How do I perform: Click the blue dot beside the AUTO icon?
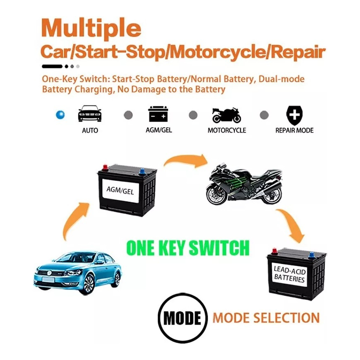point(61,115)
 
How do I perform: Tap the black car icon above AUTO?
point(90,113)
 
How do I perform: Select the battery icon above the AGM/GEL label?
point(158,114)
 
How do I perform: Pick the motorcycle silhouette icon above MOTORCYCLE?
point(227,115)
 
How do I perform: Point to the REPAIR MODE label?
point(295,131)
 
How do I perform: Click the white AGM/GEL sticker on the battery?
point(121,191)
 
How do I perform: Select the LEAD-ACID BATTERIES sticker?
point(289,274)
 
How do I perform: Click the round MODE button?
point(182,318)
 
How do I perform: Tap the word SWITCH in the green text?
point(219,248)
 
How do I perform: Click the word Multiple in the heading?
point(91,29)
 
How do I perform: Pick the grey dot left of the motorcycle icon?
point(193,115)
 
